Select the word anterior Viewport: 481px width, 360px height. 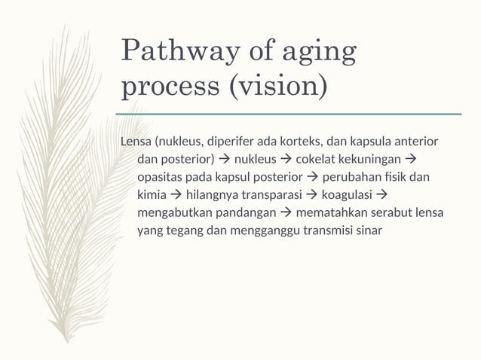[x=415, y=142]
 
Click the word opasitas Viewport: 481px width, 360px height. [x=161, y=177]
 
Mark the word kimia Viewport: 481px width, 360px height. [x=151, y=195]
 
